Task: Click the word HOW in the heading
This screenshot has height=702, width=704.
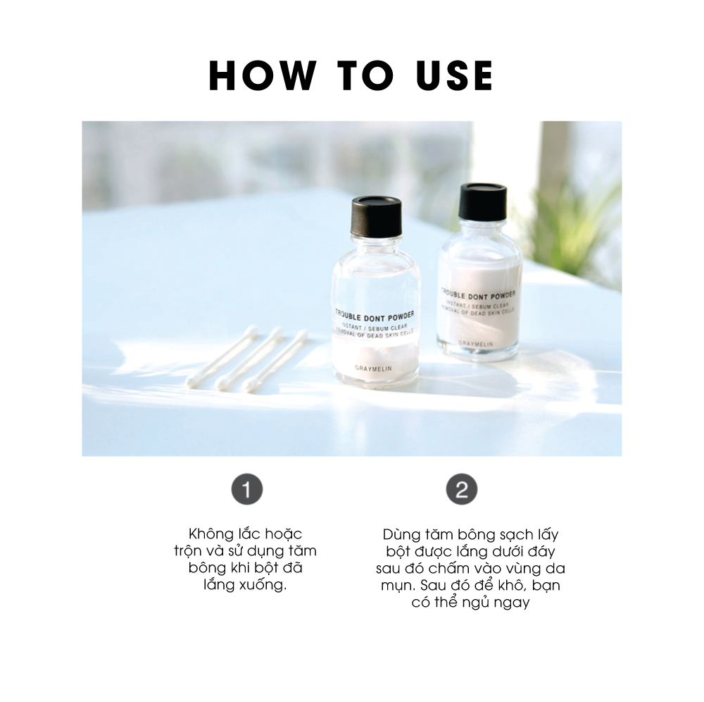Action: (x=262, y=75)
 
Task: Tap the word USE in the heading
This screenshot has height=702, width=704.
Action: (x=454, y=75)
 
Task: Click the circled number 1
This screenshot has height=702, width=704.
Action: (x=247, y=489)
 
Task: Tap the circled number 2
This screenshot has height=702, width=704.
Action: (x=462, y=489)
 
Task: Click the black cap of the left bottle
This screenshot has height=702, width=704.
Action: (x=376, y=216)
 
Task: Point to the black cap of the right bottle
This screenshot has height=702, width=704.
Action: (x=483, y=202)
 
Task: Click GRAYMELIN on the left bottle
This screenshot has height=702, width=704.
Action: (x=374, y=369)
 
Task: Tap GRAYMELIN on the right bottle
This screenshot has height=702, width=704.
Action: (x=476, y=344)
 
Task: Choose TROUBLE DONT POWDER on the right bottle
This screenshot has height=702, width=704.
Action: (x=478, y=295)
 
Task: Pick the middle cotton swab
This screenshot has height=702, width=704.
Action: (x=249, y=358)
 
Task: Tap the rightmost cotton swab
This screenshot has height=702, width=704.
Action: (x=275, y=359)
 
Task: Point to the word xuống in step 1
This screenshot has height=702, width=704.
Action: (x=263, y=585)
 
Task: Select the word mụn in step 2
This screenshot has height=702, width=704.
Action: (x=395, y=586)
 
